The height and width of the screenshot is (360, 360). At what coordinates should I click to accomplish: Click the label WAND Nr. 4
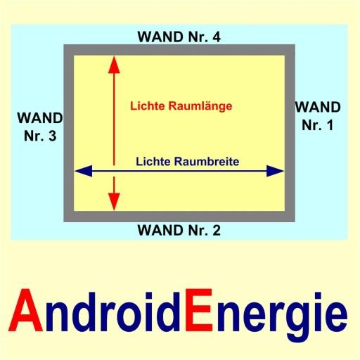click(x=179, y=37)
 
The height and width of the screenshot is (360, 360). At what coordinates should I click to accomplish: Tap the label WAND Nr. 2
click(x=179, y=230)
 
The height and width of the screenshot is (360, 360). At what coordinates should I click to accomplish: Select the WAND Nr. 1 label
click(x=318, y=116)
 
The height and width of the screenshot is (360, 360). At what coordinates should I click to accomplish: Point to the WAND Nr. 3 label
click(x=40, y=127)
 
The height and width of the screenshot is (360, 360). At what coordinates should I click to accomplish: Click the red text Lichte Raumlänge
click(x=181, y=106)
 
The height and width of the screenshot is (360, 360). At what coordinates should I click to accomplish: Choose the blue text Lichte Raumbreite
click(x=188, y=162)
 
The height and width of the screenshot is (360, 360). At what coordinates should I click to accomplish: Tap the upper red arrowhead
click(x=114, y=65)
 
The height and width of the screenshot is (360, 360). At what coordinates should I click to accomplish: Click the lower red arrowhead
click(x=114, y=202)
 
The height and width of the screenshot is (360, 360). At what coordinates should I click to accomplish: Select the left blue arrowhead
click(x=83, y=171)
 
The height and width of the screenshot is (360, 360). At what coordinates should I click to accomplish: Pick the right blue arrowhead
click(x=276, y=171)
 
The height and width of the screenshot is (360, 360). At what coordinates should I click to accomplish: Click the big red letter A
click(x=26, y=310)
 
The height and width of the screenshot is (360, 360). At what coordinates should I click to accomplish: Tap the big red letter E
click(x=199, y=310)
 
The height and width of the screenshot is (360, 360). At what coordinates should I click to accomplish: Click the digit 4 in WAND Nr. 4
click(x=217, y=37)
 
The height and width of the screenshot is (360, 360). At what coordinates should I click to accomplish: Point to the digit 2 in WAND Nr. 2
click(x=217, y=230)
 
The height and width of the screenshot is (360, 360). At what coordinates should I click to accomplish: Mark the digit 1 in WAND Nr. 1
click(x=330, y=125)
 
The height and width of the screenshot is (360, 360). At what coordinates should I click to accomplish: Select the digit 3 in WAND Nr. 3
click(x=52, y=136)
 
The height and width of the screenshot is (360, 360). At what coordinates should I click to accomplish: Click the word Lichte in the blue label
click(x=153, y=162)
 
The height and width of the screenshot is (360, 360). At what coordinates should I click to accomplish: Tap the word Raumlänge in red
click(x=200, y=106)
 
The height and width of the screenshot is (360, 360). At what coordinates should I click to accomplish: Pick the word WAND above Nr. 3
click(x=40, y=118)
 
